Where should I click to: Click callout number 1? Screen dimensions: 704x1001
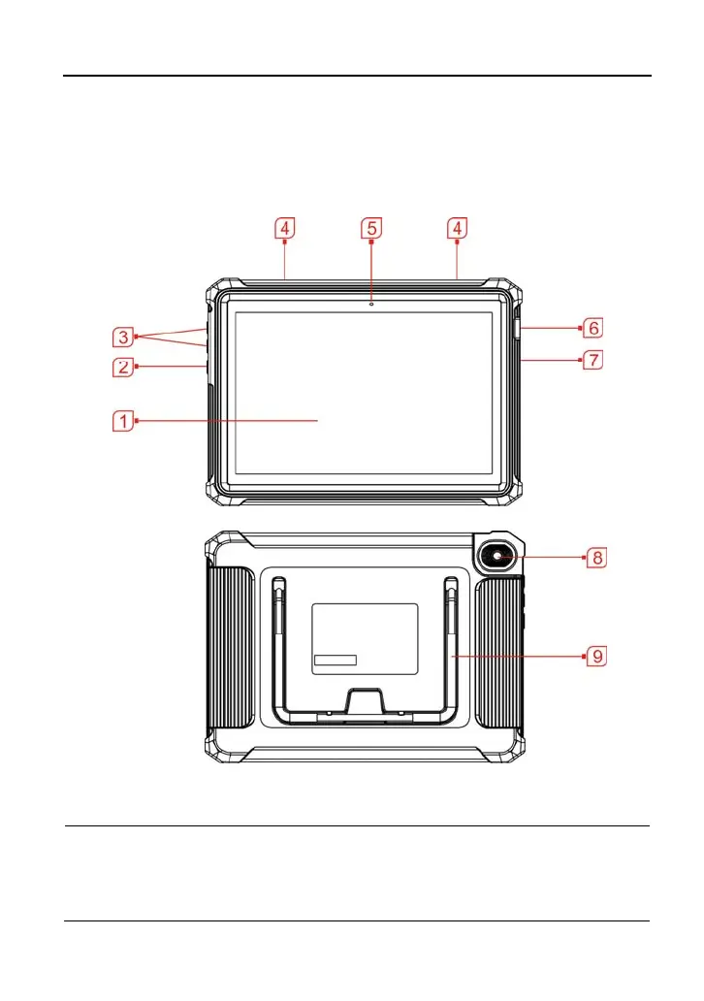tap(121, 421)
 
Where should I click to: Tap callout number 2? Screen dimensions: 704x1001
tap(121, 367)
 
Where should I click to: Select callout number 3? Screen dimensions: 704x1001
tap(121, 338)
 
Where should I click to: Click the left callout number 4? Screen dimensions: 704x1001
tap(283, 228)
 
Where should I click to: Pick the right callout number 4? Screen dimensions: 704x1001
tap(457, 228)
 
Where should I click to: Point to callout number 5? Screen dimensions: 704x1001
tap(371, 228)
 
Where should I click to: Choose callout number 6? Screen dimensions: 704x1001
tap(593, 329)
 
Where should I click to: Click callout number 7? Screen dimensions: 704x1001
tap(593, 360)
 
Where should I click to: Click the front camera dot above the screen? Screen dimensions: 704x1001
tap(371, 303)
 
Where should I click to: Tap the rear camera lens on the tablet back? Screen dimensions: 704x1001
tap(496, 557)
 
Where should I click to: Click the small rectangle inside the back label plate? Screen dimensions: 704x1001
tap(335, 661)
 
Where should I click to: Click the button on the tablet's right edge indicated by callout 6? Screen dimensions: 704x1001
tap(516, 330)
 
